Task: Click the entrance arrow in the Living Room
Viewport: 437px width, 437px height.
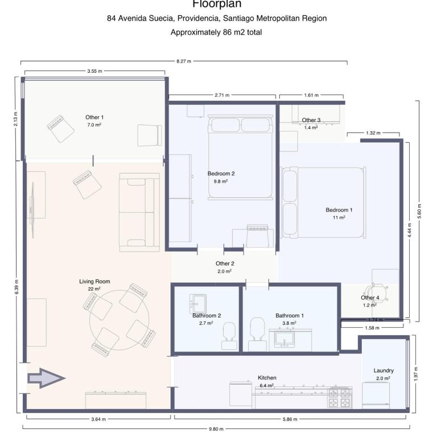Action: (46, 378)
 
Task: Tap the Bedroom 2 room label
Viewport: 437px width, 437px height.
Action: (221, 174)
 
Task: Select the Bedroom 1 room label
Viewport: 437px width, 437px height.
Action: (339, 210)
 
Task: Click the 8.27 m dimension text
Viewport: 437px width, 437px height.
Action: (184, 61)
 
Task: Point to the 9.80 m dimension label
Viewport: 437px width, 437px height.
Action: (216, 429)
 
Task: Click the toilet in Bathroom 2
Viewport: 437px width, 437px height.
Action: (229, 336)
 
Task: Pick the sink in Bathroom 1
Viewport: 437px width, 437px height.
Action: (285, 338)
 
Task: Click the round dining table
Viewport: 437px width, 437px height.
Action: (119, 320)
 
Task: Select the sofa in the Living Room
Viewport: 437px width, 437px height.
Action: (139, 212)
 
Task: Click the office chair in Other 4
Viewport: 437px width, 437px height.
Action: (378, 292)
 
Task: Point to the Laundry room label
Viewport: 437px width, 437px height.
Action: (384, 370)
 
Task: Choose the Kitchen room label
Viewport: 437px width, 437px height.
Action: (267, 378)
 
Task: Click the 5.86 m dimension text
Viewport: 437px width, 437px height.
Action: (290, 419)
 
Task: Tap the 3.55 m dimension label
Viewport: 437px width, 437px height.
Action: (95, 71)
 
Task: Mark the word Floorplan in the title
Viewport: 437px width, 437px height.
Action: (217, 4)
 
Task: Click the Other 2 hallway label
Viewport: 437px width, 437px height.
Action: (225, 263)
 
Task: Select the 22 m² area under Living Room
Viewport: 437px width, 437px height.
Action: (94, 289)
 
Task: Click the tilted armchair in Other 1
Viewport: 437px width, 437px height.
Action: (60, 129)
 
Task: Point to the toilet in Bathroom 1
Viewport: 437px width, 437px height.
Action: (257, 335)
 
